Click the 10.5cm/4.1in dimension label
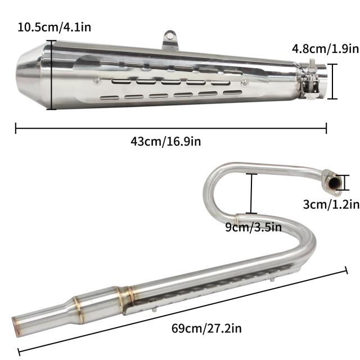(x=54, y=28)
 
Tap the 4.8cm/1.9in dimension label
(x=325, y=49)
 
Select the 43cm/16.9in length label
(x=166, y=141)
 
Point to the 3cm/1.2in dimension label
(x=331, y=204)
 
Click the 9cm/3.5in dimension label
(x=253, y=227)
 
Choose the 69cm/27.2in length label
(x=206, y=328)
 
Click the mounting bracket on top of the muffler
(x=170, y=40)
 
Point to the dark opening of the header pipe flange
(x=334, y=183)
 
